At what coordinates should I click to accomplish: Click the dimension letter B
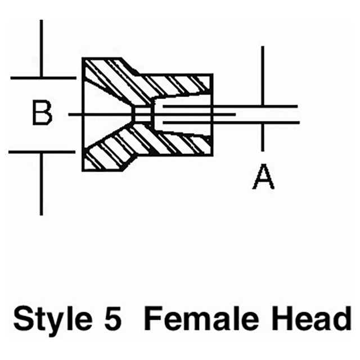pyautogui.click(x=42, y=112)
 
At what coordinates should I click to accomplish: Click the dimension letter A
pyautogui.click(x=263, y=176)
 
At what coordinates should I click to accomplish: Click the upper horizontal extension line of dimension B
pyautogui.click(x=43, y=78)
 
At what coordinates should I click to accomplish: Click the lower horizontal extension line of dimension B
pyautogui.click(x=42, y=152)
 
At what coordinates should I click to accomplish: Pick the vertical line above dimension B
pyautogui.click(x=41, y=48)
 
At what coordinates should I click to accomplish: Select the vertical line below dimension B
pyautogui.click(x=41, y=184)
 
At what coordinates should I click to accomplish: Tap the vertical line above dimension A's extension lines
pyautogui.click(x=263, y=76)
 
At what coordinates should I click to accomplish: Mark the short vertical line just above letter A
pyautogui.click(x=263, y=137)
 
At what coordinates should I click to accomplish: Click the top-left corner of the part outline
pyautogui.click(x=83, y=58)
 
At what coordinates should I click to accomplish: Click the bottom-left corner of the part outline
pyautogui.click(x=83, y=170)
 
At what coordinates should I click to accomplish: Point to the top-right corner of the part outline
pyautogui.click(x=213, y=75)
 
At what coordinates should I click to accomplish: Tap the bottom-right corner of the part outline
pyautogui.click(x=213, y=155)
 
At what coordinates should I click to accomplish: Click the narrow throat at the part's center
pyautogui.click(x=143, y=114)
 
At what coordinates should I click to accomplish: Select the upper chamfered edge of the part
pyautogui.click(x=130, y=66)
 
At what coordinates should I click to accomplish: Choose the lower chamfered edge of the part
pyautogui.click(x=130, y=164)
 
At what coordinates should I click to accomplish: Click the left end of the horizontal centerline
pyautogui.click(x=69, y=114)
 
